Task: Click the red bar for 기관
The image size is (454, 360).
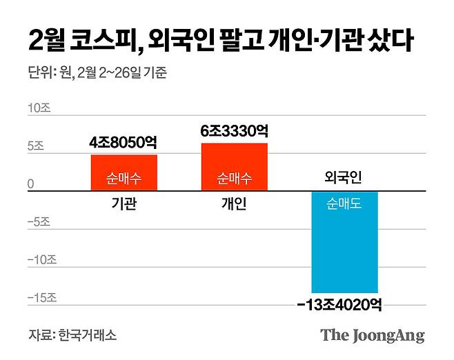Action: (124, 172)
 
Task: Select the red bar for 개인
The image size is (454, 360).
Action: (234, 167)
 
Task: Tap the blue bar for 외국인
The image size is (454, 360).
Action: (344, 242)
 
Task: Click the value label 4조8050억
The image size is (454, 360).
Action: (124, 143)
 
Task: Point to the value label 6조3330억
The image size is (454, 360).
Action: (234, 130)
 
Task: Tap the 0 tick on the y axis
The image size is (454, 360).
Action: (31, 184)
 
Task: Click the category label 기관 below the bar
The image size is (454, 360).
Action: (124, 204)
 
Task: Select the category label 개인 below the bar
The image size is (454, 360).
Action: (234, 204)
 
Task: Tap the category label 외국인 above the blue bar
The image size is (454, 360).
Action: (344, 178)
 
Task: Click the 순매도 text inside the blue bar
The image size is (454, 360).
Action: (344, 204)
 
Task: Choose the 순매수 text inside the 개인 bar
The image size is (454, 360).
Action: (234, 178)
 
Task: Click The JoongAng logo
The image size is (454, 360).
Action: (372, 336)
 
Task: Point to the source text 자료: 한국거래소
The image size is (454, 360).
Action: (72, 335)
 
